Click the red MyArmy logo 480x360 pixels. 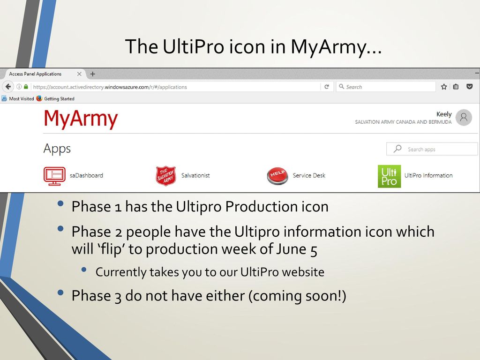click(81, 119)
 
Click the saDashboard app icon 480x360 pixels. click(54, 176)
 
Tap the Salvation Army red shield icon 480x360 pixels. click(165, 176)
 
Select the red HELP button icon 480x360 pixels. click(277, 176)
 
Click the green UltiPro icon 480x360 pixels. click(389, 176)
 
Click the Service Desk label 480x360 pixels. click(309, 176)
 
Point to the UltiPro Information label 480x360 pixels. click(428, 176)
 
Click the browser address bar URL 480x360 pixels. click(110, 87)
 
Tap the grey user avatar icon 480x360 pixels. click(464, 117)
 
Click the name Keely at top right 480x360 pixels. click(443, 114)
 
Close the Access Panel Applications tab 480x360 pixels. click(79, 74)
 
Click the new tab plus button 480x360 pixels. click(93, 74)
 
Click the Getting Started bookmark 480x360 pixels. click(59, 99)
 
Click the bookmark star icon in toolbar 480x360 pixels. click(443, 87)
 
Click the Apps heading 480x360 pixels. click(57, 149)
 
